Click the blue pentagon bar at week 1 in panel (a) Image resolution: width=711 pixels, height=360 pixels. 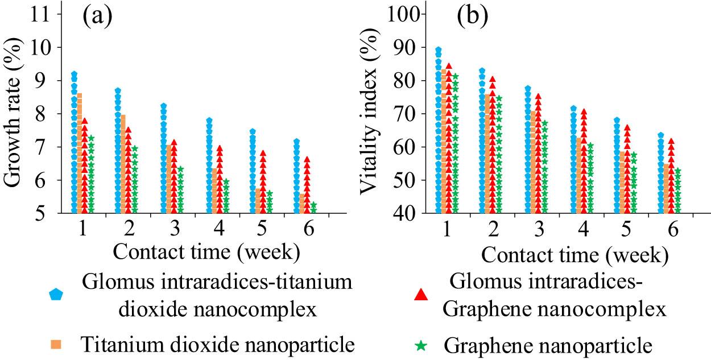(x=74, y=142)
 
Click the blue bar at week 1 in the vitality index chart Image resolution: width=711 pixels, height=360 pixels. (x=438, y=131)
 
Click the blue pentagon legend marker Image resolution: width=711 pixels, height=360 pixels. (x=56, y=294)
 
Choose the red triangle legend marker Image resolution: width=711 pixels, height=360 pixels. (x=420, y=294)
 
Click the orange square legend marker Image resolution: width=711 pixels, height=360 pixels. (x=56, y=344)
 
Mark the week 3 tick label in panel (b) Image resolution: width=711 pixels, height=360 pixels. (x=537, y=229)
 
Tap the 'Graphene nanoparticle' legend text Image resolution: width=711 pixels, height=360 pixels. (x=547, y=345)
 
